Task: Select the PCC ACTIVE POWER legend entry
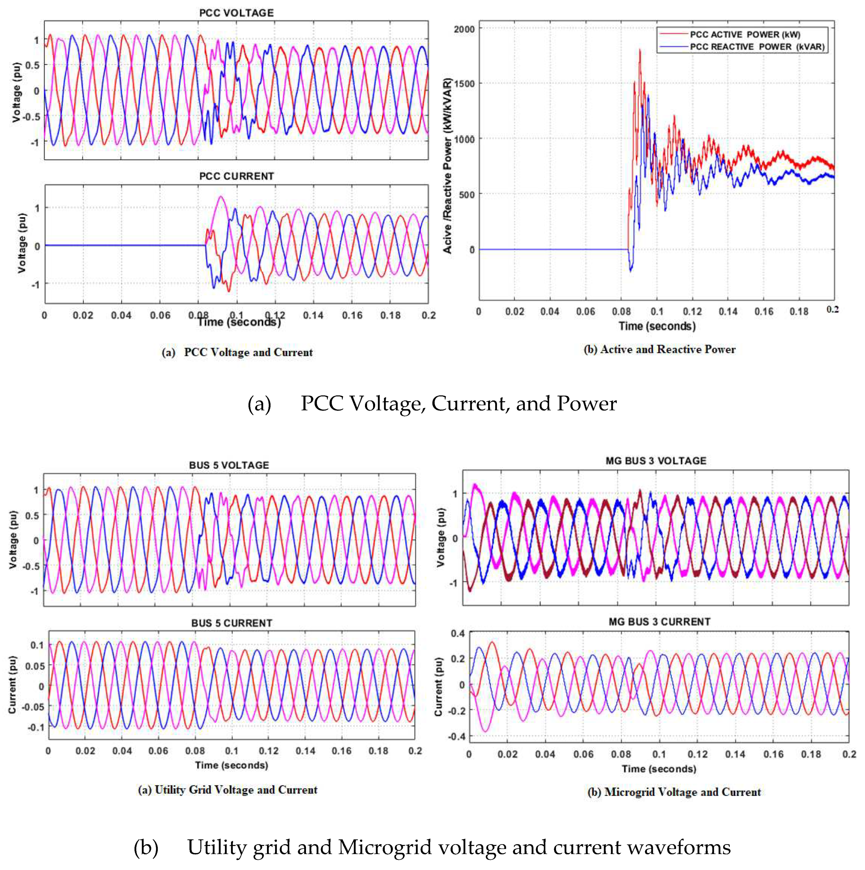tap(744, 35)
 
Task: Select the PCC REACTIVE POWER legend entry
tap(757, 47)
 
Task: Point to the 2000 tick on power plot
tap(464, 29)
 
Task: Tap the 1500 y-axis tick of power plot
tap(464, 84)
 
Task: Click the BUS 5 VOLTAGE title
tap(229, 465)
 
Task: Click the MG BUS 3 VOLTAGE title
tap(656, 461)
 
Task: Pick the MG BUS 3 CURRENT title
tap(659, 622)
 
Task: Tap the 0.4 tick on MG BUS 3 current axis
tap(457, 634)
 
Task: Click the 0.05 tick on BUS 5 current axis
tap(34, 666)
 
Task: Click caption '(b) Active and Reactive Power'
tap(659, 349)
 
